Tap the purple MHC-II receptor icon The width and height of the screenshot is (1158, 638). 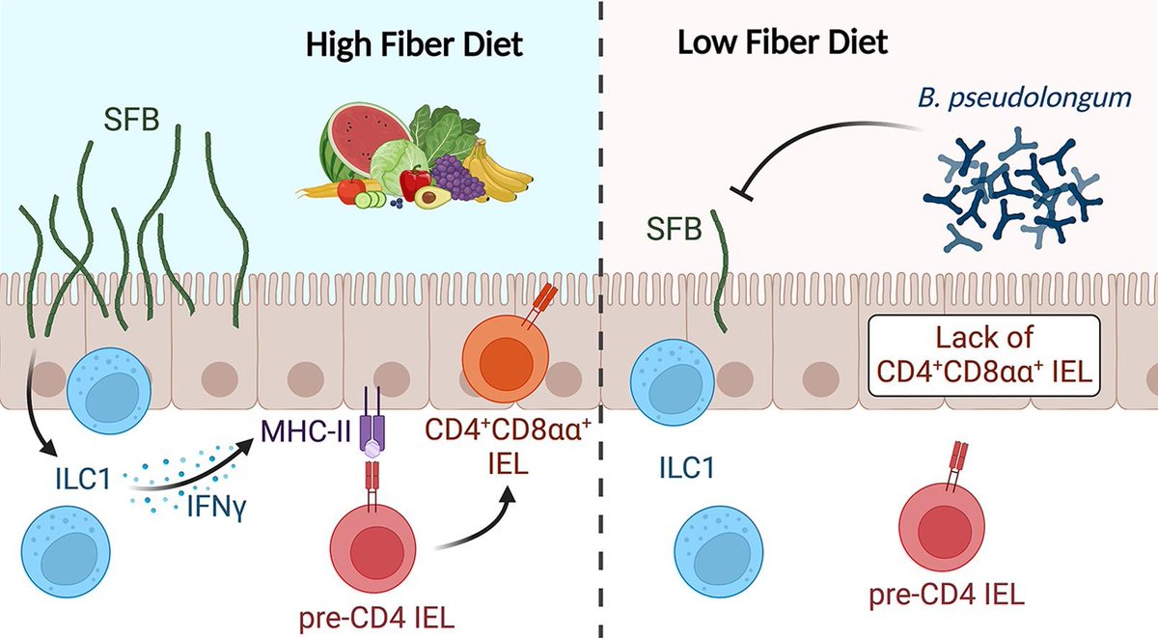(371, 425)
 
